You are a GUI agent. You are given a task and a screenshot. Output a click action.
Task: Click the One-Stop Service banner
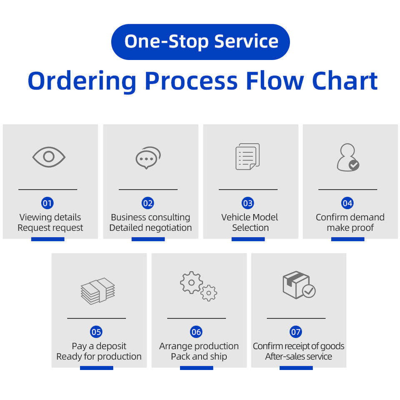(x=200, y=42)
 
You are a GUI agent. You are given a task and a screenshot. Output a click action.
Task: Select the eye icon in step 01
(x=49, y=157)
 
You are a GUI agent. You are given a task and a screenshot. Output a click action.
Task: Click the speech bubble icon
(x=148, y=157)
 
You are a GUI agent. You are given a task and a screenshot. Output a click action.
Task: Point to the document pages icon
(x=247, y=157)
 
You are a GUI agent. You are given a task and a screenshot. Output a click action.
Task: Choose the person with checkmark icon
(x=348, y=157)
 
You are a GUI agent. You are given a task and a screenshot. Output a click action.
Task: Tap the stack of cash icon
(x=97, y=291)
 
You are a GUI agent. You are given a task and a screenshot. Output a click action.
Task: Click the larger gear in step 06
(x=191, y=282)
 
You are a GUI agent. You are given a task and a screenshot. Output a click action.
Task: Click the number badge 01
(x=47, y=203)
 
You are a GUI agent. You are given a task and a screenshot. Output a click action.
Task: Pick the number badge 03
(x=247, y=203)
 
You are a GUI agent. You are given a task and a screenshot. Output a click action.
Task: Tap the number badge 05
(x=96, y=332)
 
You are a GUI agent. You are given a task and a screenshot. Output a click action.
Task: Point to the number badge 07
(x=296, y=332)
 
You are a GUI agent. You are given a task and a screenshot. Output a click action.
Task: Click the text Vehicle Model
(x=250, y=217)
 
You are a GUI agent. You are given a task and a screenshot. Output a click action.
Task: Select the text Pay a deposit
(x=99, y=346)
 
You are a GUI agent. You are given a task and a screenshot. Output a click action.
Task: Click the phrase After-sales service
(x=298, y=356)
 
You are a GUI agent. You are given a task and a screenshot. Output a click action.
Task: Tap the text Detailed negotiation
(x=150, y=227)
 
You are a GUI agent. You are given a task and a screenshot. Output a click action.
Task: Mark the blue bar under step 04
(x=347, y=239)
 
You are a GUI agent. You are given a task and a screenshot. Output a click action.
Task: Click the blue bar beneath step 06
(x=196, y=368)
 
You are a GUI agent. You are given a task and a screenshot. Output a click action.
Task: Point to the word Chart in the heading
(x=345, y=81)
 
